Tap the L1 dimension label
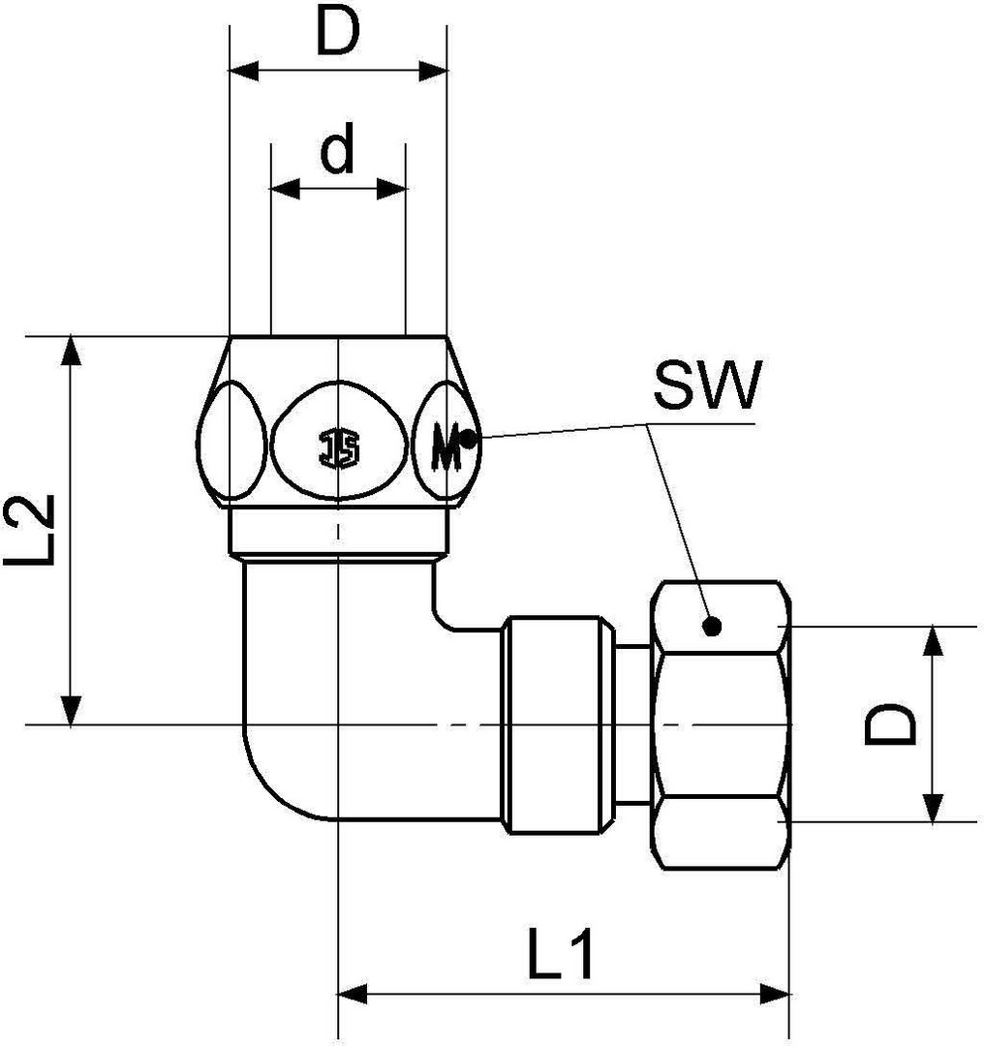point(561,958)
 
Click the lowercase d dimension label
point(337,152)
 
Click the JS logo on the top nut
point(338,447)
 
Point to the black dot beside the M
point(467,440)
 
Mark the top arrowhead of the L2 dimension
point(70,350)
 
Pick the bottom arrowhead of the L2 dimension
point(70,711)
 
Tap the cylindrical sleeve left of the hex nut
point(557,724)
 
